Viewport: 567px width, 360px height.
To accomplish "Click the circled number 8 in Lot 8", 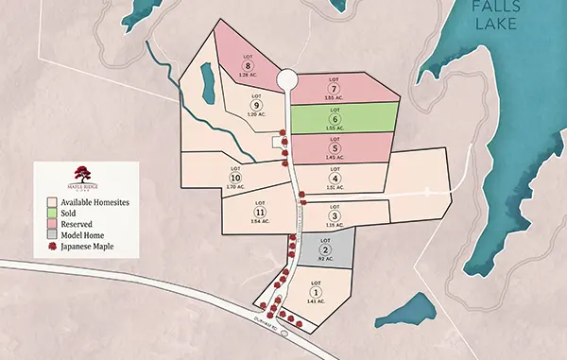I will [247, 65].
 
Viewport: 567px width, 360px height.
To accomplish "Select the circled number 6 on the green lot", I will [335, 119].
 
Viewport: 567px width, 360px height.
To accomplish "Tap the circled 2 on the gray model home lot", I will [325, 249].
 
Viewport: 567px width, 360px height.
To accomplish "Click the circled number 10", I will [236, 179].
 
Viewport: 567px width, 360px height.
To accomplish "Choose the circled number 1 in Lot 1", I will [314, 292].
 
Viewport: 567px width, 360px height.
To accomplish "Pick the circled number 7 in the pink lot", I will [335, 89].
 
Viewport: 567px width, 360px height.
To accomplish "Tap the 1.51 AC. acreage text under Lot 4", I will [335, 188].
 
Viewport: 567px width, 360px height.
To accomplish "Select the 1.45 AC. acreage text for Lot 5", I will [335, 157].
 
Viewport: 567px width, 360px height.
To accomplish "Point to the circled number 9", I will [254, 105].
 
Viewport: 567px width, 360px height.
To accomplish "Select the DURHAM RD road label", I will [266, 323].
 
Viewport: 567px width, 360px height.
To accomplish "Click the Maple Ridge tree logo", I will [85, 173].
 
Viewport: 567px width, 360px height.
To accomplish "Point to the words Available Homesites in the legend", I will [94, 202].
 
